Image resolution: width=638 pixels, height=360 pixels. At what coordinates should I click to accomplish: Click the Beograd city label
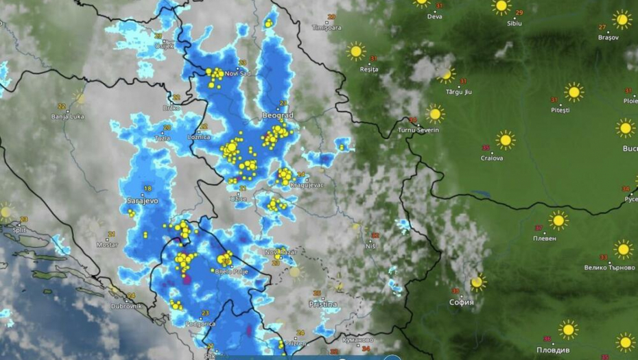(x=279, y=116)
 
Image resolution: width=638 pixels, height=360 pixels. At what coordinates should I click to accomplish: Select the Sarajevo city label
(x=143, y=201)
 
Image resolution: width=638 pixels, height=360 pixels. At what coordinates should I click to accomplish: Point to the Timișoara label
(x=326, y=28)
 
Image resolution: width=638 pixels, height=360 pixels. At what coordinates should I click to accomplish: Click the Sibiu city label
(x=514, y=23)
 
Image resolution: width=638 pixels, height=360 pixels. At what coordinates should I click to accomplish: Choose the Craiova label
(x=492, y=158)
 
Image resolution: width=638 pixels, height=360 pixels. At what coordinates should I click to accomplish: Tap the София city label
(x=461, y=302)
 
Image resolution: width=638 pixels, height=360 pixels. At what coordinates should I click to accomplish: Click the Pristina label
(x=323, y=303)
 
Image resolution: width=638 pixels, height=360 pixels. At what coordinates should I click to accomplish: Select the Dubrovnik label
(x=126, y=306)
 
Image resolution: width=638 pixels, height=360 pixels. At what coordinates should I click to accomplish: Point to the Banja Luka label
(x=67, y=117)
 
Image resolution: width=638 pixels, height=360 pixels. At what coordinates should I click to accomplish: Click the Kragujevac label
(x=307, y=184)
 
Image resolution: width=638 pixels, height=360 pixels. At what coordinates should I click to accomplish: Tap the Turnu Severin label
(x=418, y=130)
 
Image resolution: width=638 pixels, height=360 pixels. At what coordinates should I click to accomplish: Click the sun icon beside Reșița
(x=355, y=51)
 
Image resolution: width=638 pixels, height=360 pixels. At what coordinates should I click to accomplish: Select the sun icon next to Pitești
(x=574, y=91)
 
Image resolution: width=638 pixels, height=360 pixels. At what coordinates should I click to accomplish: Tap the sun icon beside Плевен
(x=558, y=220)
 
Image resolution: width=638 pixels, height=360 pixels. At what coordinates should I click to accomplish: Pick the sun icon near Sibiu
(x=501, y=6)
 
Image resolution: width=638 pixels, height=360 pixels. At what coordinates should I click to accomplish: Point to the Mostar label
(x=106, y=244)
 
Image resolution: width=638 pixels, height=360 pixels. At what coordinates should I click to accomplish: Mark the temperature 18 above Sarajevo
(x=147, y=189)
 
